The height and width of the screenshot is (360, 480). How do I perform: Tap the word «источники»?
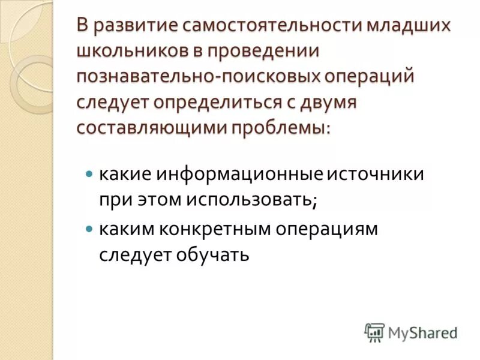tap(376, 174)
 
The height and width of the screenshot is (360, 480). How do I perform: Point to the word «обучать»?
tap(211, 256)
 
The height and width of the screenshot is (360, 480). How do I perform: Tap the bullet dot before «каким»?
tap(90, 230)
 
